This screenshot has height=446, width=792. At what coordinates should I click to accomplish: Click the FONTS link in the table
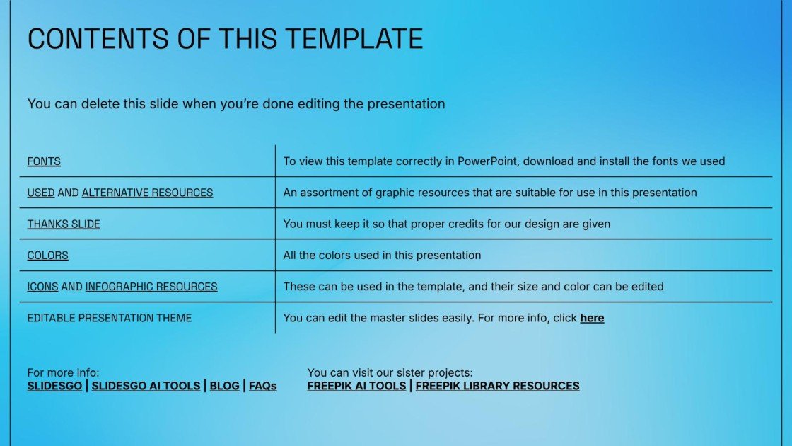44,161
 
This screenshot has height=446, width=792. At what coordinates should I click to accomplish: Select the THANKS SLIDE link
64,224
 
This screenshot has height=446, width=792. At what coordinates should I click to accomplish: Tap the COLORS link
47,256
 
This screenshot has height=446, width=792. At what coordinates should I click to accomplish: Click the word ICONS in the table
42,287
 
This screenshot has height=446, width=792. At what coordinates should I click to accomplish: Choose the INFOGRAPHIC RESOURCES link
151,287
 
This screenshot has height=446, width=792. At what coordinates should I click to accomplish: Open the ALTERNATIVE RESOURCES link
147,193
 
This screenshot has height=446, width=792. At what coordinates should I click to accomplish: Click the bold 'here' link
592,319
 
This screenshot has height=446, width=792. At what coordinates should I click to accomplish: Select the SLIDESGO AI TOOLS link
146,387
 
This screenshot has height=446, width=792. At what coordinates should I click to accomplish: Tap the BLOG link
224,387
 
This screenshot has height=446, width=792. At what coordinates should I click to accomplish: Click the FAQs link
262,387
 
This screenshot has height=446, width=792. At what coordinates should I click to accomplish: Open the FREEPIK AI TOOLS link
356,387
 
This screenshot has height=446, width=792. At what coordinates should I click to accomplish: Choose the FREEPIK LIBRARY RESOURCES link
497,387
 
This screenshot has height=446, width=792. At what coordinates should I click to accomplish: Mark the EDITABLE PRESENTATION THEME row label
110,319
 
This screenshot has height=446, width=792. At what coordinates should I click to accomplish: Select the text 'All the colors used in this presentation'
382,256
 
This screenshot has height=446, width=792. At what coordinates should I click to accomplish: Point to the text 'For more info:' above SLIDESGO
63,373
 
